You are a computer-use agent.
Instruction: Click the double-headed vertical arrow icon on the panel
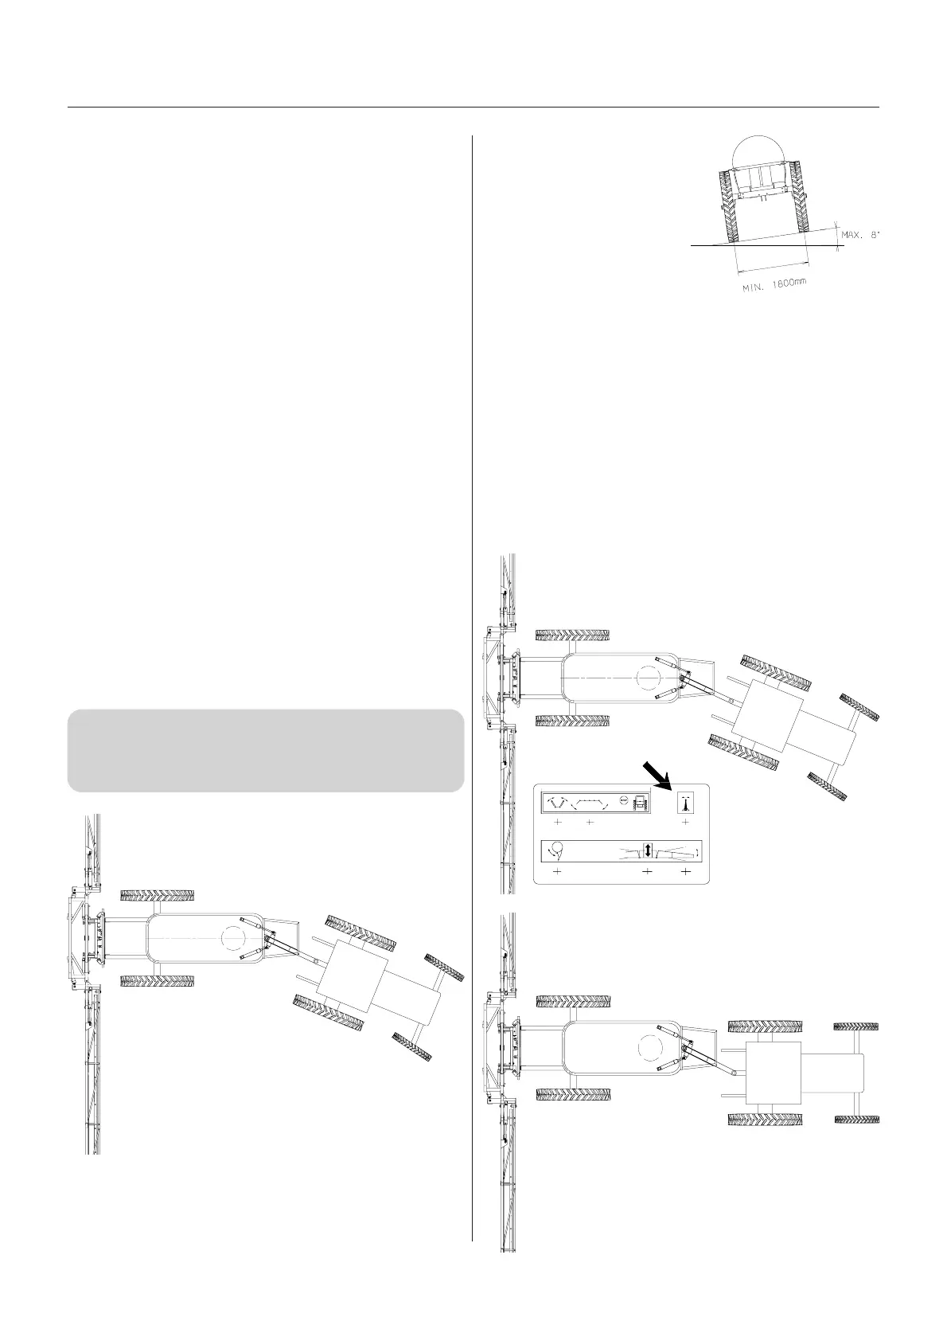(x=648, y=850)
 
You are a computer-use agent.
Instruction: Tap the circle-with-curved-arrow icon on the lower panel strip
(x=556, y=851)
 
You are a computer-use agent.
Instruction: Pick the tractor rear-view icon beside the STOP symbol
(x=639, y=803)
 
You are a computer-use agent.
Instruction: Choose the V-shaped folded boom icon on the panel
(x=558, y=802)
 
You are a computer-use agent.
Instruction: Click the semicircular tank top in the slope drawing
(x=758, y=151)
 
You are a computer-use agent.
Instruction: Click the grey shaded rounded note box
(x=266, y=750)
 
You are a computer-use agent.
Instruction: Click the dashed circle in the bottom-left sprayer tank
(x=235, y=938)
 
